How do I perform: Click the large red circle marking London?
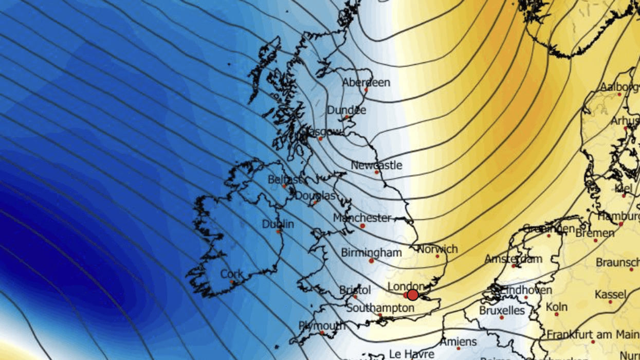tap(412, 295)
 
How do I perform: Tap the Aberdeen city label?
tap(366, 82)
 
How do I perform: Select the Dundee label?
tap(346, 110)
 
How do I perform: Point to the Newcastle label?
tap(376, 166)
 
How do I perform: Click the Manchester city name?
tap(362, 218)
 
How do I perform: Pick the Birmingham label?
tap(371, 253)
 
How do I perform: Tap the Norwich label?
tap(437, 249)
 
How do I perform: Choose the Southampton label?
tap(380, 308)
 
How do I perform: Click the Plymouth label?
tap(322, 326)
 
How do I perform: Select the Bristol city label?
tap(355, 290)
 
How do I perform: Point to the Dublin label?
tap(278, 224)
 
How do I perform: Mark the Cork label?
tap(231, 275)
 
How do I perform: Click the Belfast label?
tap(284, 180)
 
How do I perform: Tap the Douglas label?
tap(315, 196)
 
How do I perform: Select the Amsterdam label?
tap(513, 259)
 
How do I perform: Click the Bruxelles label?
tap(502, 311)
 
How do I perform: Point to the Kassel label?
tap(610, 295)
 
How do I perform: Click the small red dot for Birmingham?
tap(371, 261)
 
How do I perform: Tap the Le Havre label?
tap(411, 354)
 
